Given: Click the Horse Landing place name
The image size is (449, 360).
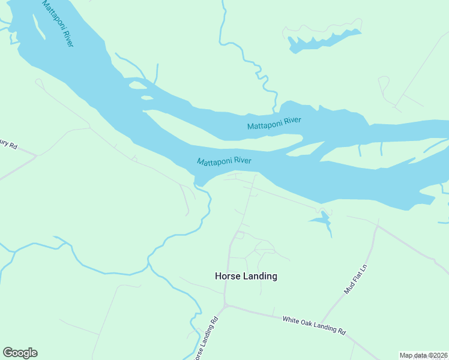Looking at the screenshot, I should coord(246,276).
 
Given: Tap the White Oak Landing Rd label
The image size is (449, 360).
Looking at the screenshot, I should coord(314,326).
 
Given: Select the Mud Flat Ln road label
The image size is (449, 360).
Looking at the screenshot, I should coord(355,277).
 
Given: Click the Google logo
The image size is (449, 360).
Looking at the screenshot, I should coord(20,352).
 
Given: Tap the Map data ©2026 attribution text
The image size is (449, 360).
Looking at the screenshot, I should coord(423,355).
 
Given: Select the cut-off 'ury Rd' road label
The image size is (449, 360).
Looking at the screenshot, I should coord(9,146).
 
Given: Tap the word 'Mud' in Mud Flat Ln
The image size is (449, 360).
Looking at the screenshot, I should coord(348,288).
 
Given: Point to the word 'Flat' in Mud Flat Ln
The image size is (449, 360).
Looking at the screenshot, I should coord(355,276).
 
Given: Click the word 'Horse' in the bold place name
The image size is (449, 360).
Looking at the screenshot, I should coord(228,276).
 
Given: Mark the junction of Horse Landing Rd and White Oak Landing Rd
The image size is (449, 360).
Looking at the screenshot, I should coord(226,306).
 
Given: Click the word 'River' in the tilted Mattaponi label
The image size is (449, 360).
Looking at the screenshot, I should coord(68,37).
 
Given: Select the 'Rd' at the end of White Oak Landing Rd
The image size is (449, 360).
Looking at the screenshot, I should coord(342,331).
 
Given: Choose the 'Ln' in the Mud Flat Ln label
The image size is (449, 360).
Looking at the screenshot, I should coord(362,266).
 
